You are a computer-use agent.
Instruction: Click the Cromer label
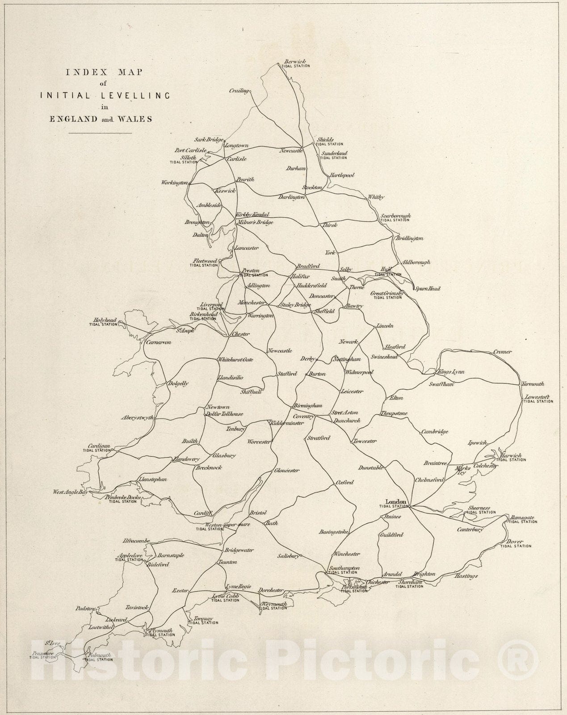pos(503,352)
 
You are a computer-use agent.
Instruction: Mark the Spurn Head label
pos(427,289)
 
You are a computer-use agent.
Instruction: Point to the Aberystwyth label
pos(137,418)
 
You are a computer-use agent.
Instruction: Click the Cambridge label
pos(434,432)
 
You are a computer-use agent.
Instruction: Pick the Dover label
pos(515,542)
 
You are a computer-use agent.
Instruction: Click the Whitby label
pos(376,197)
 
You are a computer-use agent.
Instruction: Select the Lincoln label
pos(385,326)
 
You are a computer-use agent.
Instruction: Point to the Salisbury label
pos(288,556)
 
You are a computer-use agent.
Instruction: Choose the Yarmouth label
pos(532,384)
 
